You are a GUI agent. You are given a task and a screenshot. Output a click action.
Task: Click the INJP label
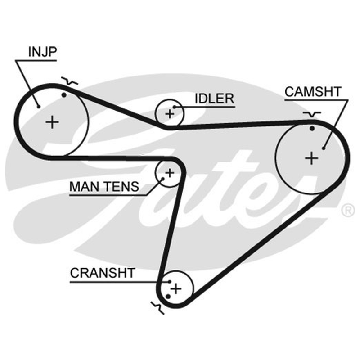click(42, 52)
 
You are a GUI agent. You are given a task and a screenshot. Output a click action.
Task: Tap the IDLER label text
click(215, 99)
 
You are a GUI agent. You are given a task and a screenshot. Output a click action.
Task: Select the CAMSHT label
click(313, 92)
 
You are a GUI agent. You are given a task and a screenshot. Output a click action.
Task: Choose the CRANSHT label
click(103, 273)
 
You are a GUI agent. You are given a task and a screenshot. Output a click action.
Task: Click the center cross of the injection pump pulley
click(52, 122)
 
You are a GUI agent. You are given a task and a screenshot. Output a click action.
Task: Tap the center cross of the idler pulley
click(170, 114)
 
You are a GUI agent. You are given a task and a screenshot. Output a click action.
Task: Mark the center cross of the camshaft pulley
click(311, 158)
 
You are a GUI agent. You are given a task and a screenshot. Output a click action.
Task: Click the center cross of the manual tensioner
click(170, 173)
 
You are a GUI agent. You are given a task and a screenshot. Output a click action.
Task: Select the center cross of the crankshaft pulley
click(176, 288)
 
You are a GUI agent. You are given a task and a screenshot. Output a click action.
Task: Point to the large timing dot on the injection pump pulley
click(64, 95)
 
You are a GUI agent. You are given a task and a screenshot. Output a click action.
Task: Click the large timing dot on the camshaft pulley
click(312, 128)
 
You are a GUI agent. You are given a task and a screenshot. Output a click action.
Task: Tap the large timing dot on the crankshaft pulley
click(168, 297)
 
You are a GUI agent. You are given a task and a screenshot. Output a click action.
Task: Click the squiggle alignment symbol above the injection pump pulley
click(70, 81)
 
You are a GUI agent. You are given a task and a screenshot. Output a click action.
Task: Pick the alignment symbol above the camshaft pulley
click(312, 114)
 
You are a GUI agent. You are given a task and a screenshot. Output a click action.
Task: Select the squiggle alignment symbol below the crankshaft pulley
click(158, 308)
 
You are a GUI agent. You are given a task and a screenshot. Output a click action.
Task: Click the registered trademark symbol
click(348, 210)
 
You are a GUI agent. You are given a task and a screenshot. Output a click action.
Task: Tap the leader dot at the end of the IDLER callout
click(174, 107)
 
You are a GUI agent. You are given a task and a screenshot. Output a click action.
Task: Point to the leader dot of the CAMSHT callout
click(324, 148)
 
